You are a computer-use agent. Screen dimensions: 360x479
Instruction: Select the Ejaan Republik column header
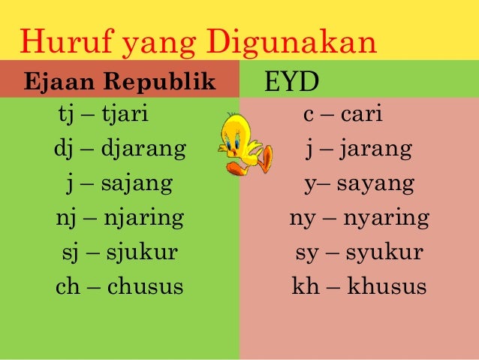[x=120, y=81]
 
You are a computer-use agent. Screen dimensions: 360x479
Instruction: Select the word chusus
[x=146, y=286]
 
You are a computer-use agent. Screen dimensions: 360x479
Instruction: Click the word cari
[x=362, y=116]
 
